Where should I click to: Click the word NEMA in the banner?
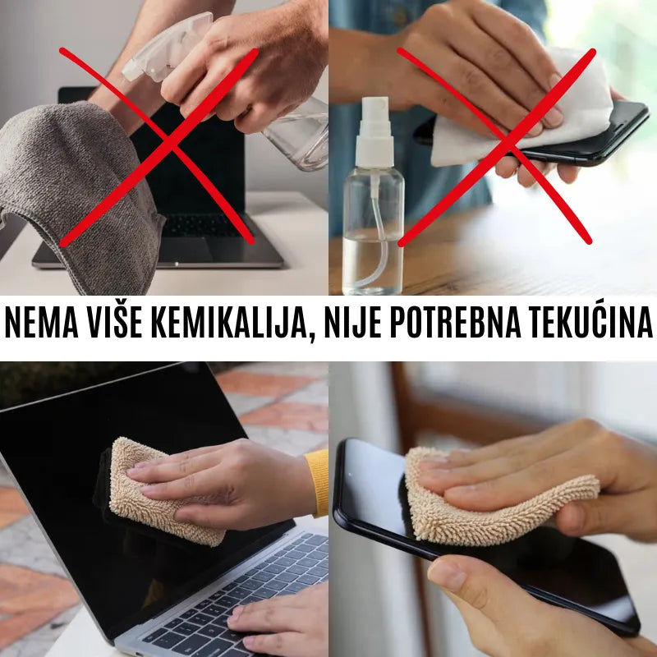(x=42, y=322)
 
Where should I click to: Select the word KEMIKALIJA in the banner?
(x=228, y=322)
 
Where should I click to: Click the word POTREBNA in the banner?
(x=456, y=322)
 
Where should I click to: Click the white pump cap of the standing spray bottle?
(x=374, y=132)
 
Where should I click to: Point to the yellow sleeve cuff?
(x=318, y=482)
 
